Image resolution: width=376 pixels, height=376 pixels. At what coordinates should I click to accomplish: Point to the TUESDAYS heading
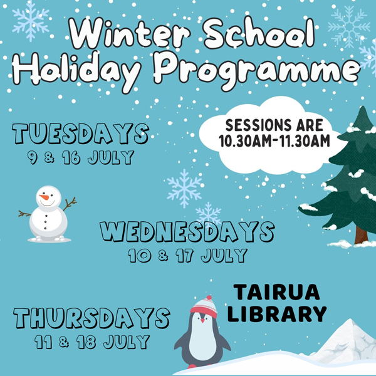point(81,133)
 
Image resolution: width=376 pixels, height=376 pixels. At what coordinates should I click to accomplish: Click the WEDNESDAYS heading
point(187,232)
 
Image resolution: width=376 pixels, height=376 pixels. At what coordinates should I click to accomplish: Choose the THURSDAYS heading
point(92,318)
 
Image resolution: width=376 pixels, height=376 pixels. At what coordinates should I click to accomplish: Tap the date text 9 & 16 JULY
point(81,157)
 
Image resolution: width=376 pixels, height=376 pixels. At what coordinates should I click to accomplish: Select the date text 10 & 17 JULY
point(187,256)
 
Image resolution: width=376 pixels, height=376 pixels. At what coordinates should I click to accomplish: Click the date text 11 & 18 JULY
point(92,342)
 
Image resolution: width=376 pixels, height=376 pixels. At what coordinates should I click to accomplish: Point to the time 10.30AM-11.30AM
point(274,141)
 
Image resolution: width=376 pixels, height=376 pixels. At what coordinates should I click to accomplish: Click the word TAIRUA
point(277,292)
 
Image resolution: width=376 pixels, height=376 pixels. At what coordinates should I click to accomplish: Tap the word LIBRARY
point(277,314)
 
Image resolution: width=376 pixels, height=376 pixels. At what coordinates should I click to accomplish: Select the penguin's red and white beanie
point(204,307)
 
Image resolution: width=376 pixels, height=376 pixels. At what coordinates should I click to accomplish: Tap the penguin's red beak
point(203,320)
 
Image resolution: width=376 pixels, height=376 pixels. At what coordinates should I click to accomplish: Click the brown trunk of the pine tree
point(361,235)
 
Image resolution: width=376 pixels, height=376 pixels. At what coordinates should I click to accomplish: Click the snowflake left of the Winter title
point(31,21)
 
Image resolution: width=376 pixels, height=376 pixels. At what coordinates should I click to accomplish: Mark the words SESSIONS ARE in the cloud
point(274,125)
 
